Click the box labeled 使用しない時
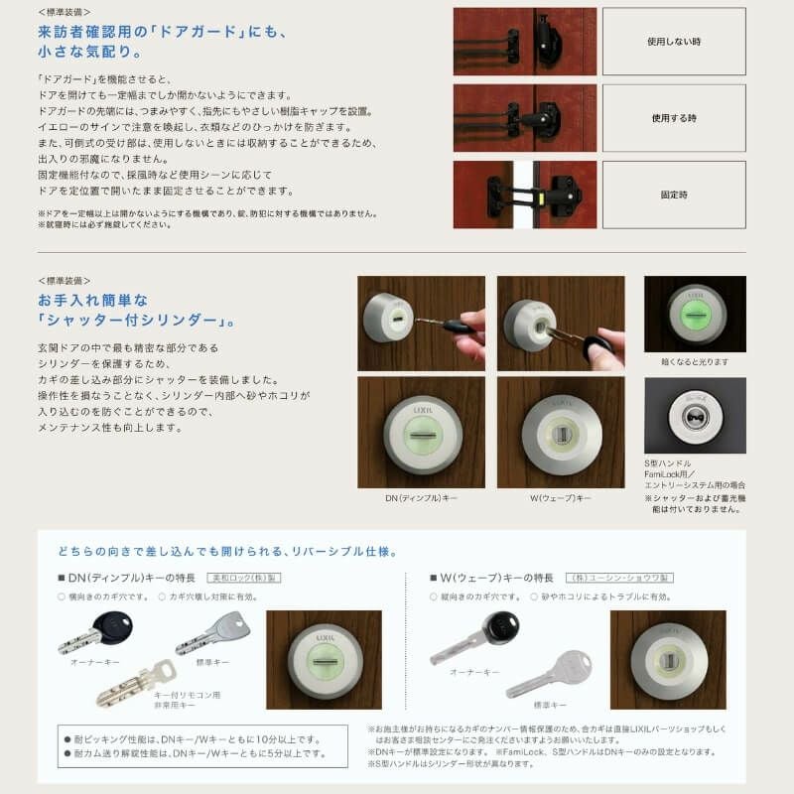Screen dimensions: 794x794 [x=673, y=42]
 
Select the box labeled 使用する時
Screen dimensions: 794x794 [x=673, y=118]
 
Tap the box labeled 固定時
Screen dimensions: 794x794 [x=673, y=195]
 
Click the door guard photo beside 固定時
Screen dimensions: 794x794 [x=524, y=195]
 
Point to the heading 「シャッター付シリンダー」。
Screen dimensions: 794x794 [x=136, y=321]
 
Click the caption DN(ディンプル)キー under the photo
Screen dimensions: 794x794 [x=421, y=497]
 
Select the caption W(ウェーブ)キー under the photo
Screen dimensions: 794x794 [x=561, y=497]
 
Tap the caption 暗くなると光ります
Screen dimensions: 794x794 [x=694, y=361]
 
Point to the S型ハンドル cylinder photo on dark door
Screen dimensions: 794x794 [x=694, y=415]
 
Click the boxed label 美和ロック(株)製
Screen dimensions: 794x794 [x=235, y=577]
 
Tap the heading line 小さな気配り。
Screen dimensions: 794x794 [x=93, y=50]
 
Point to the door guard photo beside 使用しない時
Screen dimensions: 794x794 [x=524, y=42]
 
